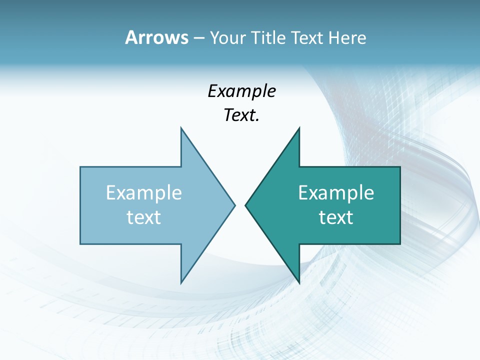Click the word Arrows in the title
click(x=156, y=37)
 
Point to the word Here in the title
click(x=347, y=37)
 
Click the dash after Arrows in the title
click(x=198, y=38)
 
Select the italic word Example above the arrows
click(x=242, y=91)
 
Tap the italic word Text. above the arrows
click(x=242, y=115)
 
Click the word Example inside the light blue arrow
click(x=144, y=192)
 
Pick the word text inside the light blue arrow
click(x=144, y=217)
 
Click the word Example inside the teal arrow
click(x=336, y=192)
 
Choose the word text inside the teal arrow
click(x=336, y=217)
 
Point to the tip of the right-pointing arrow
click(x=235, y=204)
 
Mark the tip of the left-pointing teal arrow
click(x=245, y=204)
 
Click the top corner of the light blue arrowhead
click(x=181, y=127)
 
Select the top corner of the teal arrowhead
click(x=299, y=127)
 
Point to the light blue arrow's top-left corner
click(x=80, y=167)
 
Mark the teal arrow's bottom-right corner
click(x=400, y=244)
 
